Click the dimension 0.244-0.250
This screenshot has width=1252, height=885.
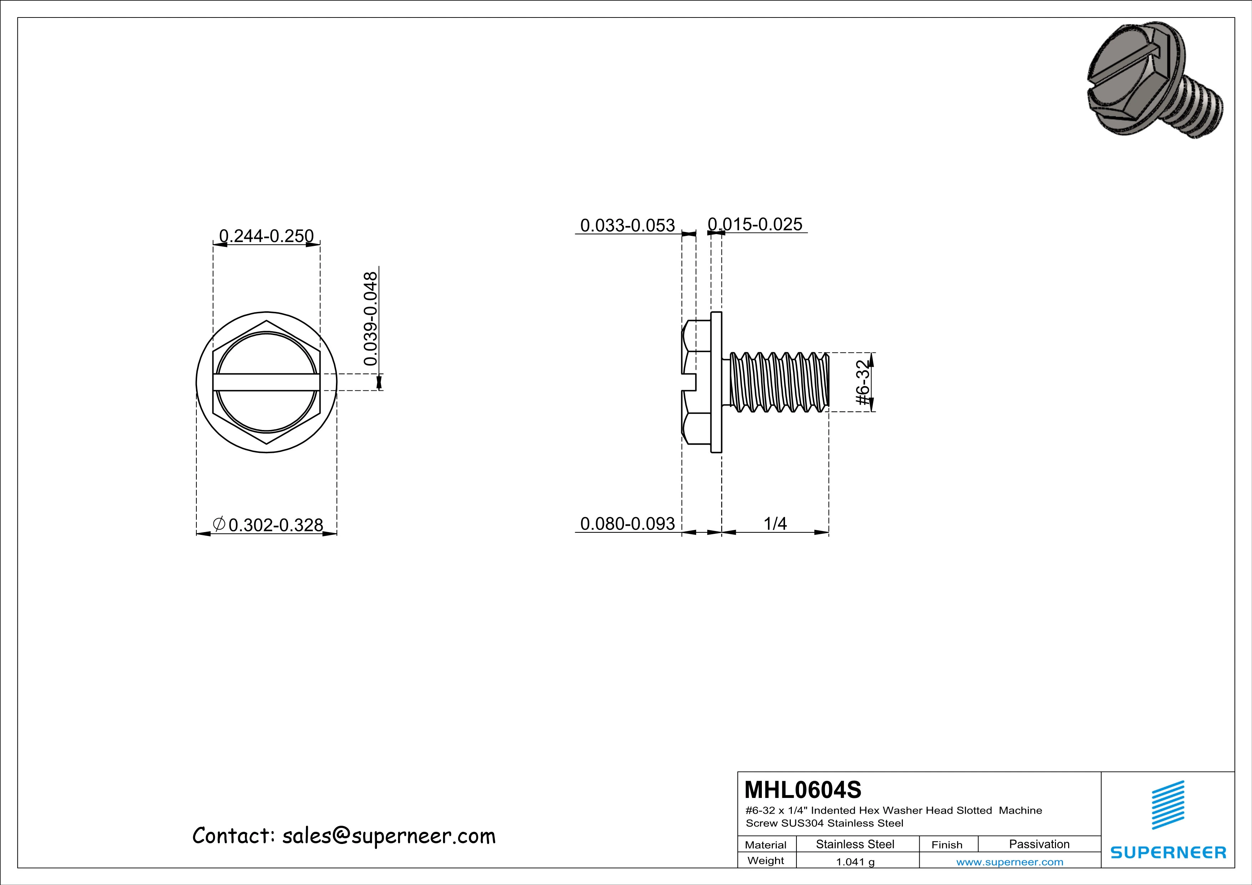point(266,236)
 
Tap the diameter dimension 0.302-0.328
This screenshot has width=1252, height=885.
point(275,525)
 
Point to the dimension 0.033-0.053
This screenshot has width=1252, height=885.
point(627,225)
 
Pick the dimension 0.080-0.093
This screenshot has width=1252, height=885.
point(627,524)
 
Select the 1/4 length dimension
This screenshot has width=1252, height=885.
point(775,524)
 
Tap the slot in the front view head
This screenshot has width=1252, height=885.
point(266,382)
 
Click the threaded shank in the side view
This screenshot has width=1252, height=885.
point(780,382)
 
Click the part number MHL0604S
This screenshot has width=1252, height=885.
point(803,789)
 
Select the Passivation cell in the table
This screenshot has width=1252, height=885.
point(1039,844)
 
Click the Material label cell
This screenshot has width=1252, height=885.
point(766,845)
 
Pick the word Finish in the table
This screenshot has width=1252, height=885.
point(947,845)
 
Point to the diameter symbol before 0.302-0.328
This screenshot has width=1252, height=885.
point(219,524)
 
